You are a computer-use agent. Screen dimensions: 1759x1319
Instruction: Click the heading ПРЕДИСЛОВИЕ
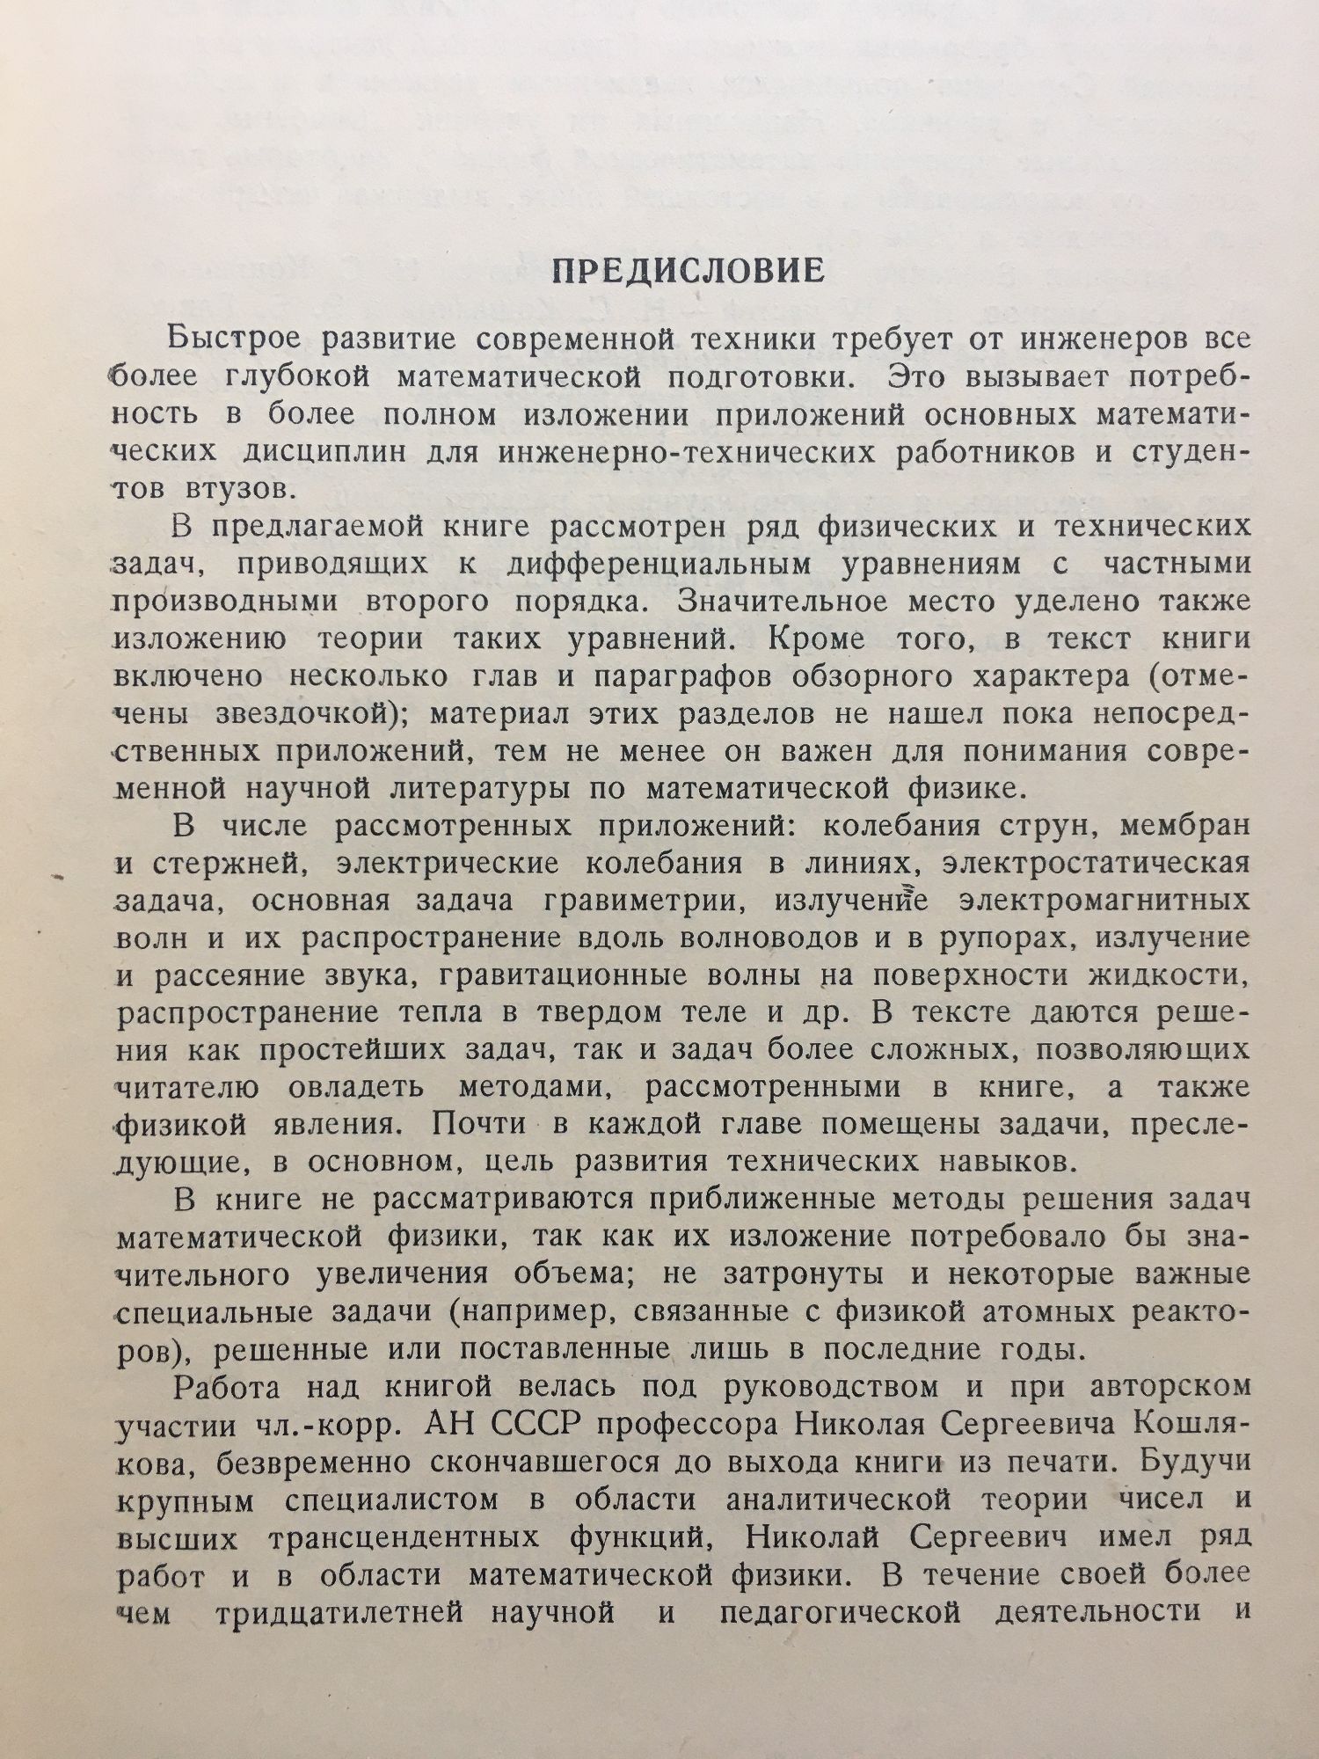[x=688, y=271]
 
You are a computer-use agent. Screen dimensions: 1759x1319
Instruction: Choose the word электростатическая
[x=1095, y=864]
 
